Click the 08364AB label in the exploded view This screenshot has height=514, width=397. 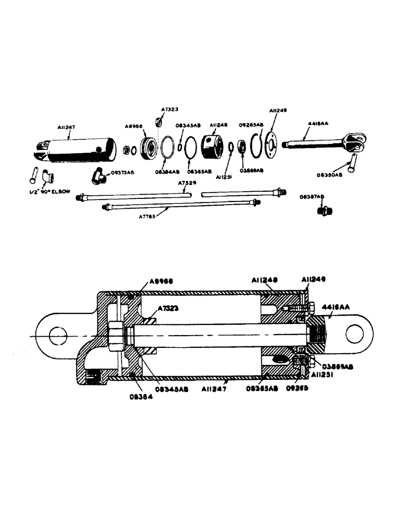[168, 172]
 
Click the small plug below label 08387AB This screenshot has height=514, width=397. [325, 210]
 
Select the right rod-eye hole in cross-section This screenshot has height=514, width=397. [355, 334]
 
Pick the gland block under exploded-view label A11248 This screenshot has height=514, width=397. [212, 146]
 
